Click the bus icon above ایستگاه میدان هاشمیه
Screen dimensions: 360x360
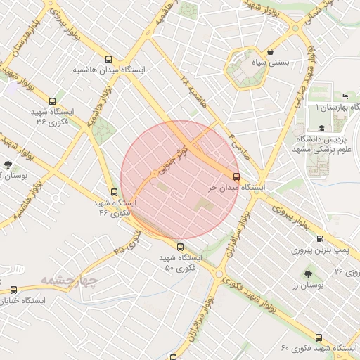[108, 60]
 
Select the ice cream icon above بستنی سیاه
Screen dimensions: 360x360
[271, 52]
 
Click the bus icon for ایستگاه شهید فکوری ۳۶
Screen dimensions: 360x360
[53, 102]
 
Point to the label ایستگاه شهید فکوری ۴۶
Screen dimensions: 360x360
[116, 207]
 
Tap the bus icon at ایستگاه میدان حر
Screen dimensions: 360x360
[236, 177]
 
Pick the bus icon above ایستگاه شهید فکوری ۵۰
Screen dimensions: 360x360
[180, 247]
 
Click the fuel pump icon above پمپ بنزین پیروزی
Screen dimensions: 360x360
[321, 239]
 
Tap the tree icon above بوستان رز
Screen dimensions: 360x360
[307, 274]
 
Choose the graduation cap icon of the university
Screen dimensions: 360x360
[321, 129]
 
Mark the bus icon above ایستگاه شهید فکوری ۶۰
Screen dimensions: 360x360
[319, 338]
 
